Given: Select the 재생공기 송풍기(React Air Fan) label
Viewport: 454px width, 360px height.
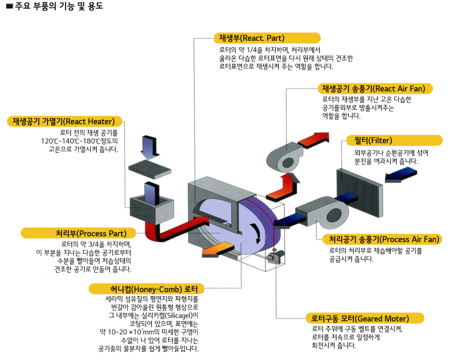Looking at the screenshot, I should (376, 89).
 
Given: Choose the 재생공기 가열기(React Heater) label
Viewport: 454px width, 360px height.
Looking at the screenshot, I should (64, 121).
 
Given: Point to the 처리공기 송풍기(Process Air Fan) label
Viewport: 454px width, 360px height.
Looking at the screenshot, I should (383, 239).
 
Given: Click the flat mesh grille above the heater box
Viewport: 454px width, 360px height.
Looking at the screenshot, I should (150, 169).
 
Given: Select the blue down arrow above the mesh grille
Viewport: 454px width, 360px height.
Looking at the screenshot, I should (146, 147).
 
